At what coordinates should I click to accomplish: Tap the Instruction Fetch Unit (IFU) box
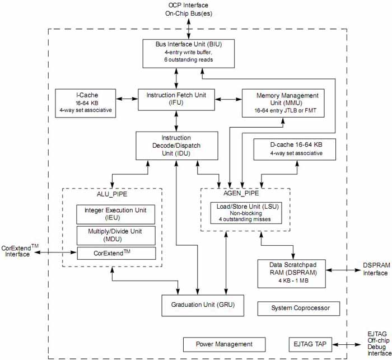[x=176, y=99]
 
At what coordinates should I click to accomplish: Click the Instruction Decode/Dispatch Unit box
[x=176, y=145]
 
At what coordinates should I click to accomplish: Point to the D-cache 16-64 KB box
[x=296, y=148]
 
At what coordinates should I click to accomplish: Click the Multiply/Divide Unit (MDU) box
[x=115, y=235]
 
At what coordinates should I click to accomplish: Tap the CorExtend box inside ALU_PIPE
[x=115, y=253]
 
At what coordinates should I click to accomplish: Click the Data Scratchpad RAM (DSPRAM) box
[x=291, y=273]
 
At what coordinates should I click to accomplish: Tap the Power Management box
[x=216, y=344]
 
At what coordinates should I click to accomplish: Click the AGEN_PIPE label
[x=245, y=193]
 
